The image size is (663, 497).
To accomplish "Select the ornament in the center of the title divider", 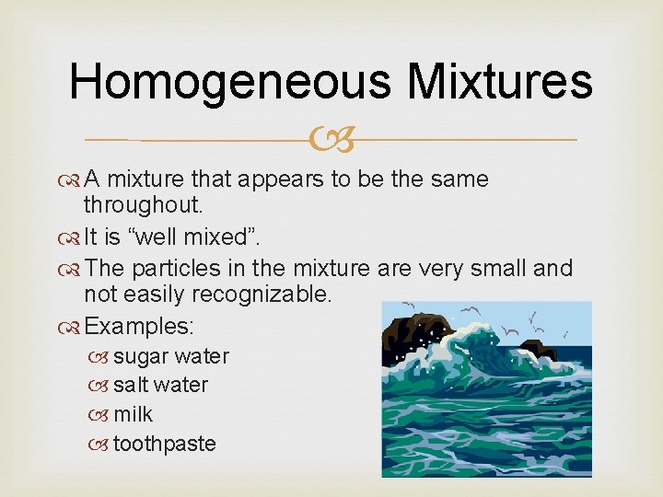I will tap(332, 140).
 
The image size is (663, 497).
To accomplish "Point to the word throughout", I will tap(143, 207).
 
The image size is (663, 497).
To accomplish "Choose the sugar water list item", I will tap(170, 356).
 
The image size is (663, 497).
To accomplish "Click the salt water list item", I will tap(160, 385).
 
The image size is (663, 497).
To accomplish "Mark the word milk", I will tap(133, 414).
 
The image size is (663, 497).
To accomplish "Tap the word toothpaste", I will tap(164, 444).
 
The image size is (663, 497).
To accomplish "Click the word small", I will tap(505, 268).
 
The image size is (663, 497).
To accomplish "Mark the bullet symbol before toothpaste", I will tap(102, 445).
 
